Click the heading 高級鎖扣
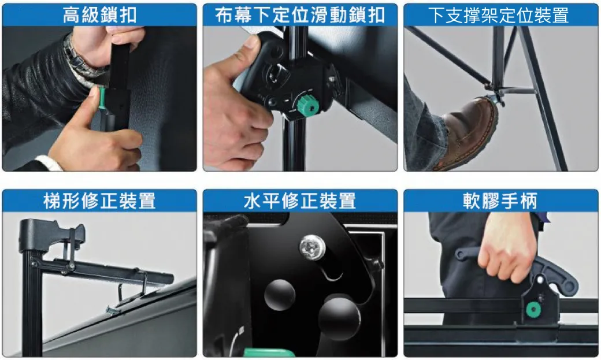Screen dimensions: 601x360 (x=99, y=15)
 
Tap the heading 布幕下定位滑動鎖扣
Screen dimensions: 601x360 (x=300, y=15)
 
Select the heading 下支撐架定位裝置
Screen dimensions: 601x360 (x=498, y=16)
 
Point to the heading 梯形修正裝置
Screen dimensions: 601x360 (x=99, y=201)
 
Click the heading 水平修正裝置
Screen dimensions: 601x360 (x=300, y=201)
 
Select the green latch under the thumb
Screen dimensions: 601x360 (x=102, y=98)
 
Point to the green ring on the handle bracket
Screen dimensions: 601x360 (x=533, y=309)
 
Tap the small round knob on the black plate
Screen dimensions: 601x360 (x=280, y=295)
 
